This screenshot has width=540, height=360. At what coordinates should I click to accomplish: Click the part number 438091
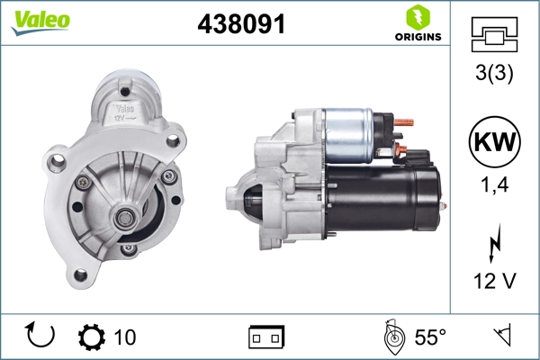coord(241,25)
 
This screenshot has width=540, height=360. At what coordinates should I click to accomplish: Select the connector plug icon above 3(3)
coord(494,37)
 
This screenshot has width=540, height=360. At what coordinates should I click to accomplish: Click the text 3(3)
coord(494,75)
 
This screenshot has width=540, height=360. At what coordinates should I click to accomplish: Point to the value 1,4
coord(494,187)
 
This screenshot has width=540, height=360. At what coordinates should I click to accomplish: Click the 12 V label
coord(494,282)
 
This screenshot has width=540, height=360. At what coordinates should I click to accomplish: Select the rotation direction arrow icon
coord(41,336)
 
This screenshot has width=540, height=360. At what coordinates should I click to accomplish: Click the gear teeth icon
coord(91,337)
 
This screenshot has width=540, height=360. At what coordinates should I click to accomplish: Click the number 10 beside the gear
coord(125,337)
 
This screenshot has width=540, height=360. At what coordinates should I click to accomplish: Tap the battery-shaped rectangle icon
coord(266,337)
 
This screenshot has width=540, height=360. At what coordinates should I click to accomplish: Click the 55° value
coord(430,337)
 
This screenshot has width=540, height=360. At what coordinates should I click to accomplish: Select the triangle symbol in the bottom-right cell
coord(502,336)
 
